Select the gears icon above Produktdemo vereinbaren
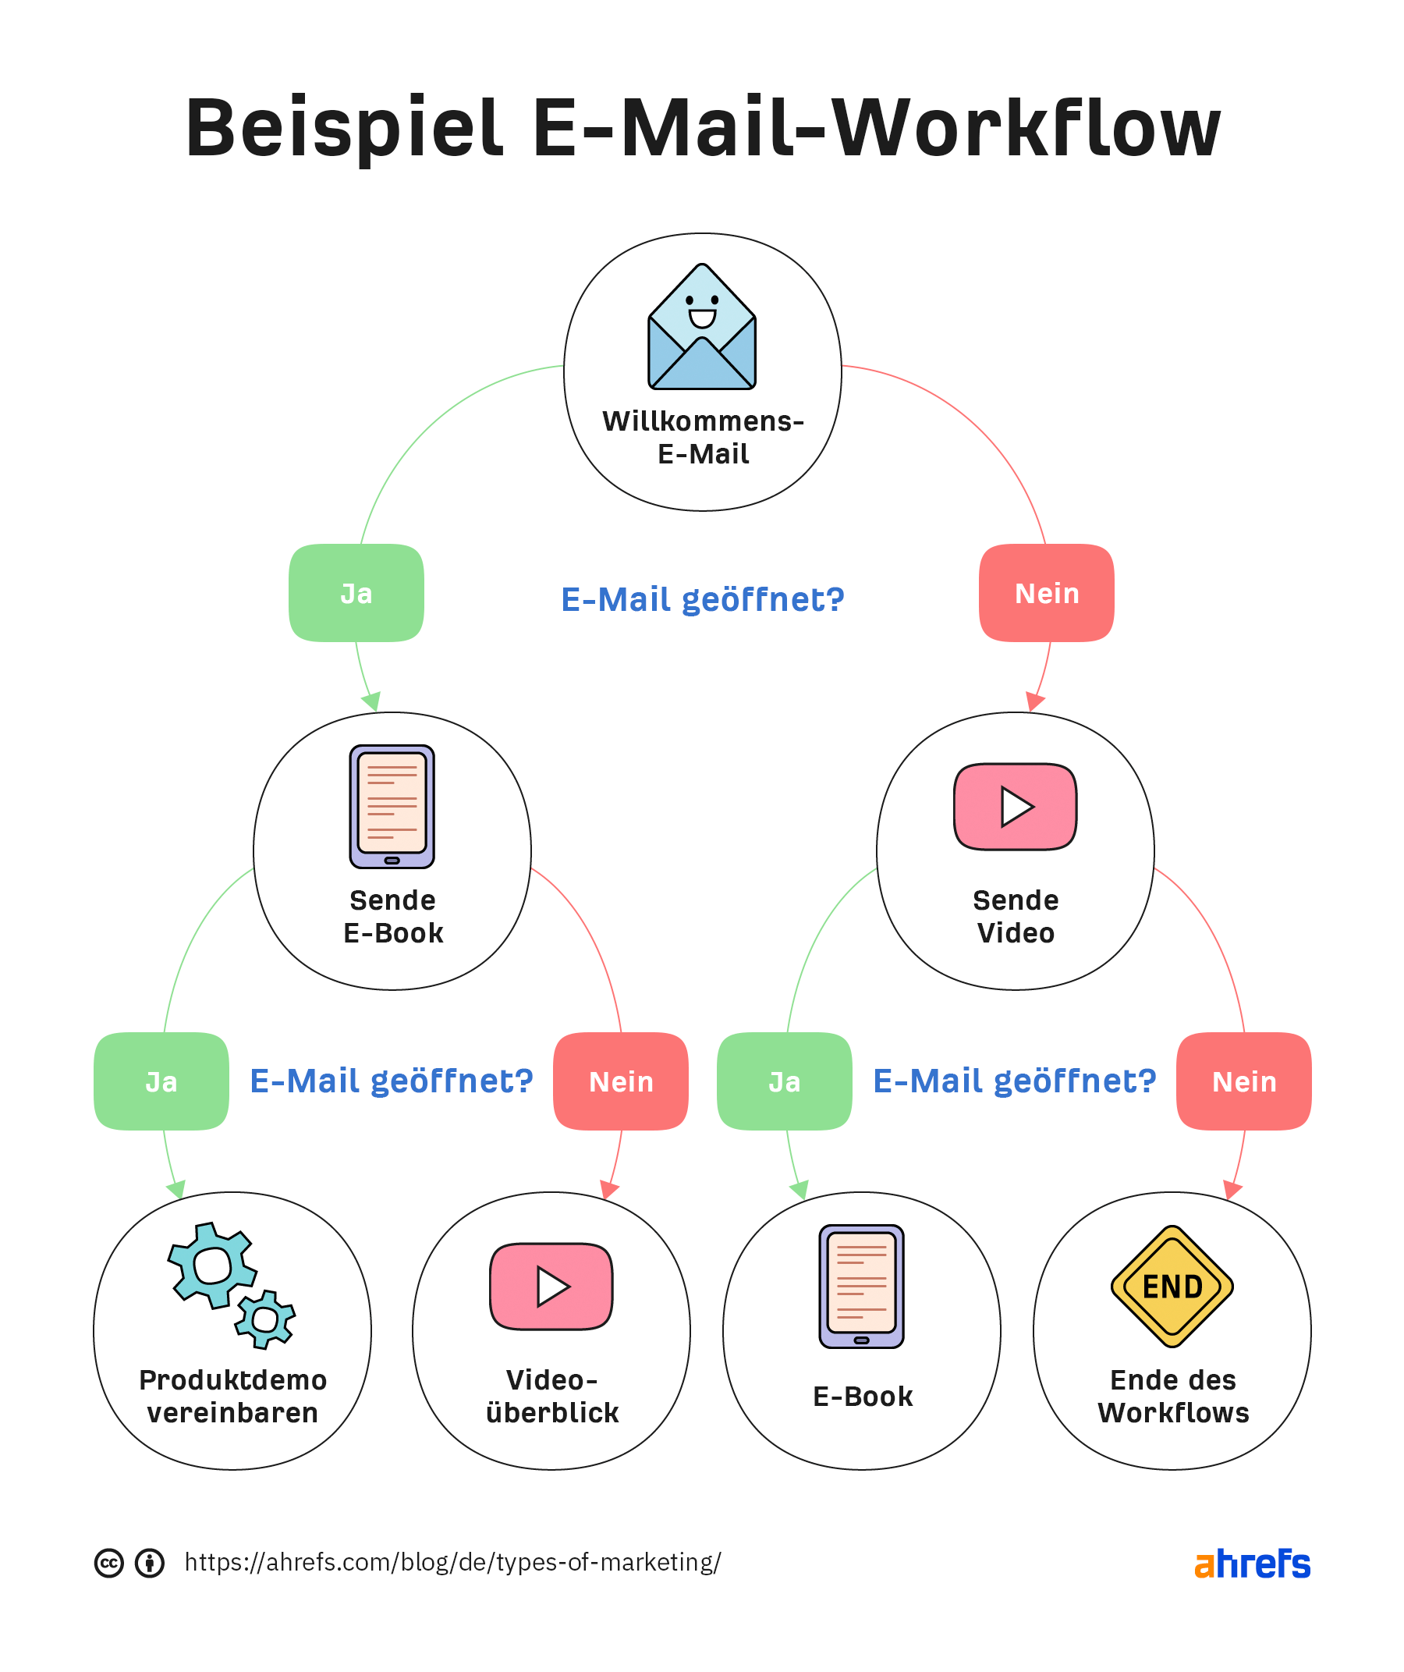click(x=231, y=1285)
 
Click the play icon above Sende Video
click(x=1015, y=807)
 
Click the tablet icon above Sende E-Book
click(x=392, y=807)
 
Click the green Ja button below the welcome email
click(x=356, y=593)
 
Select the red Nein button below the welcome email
click(x=1046, y=593)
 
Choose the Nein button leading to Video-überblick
click(x=620, y=1081)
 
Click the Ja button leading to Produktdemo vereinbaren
click(x=161, y=1081)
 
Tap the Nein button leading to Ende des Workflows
click(x=1243, y=1081)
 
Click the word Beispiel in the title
click(x=344, y=127)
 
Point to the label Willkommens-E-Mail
click(x=702, y=437)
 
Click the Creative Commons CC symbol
click(x=109, y=1563)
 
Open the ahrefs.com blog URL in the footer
click(x=452, y=1562)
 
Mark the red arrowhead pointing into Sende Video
click(x=1035, y=701)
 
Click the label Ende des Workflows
click(x=1172, y=1397)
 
